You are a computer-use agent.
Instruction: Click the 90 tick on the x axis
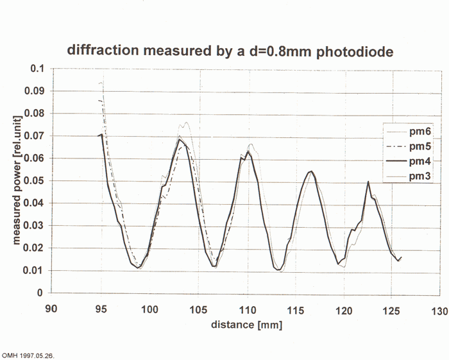point(53,308)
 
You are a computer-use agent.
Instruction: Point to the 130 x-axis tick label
point(439,308)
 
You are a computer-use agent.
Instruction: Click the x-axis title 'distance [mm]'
point(247,325)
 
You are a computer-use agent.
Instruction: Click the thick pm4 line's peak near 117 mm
point(311,171)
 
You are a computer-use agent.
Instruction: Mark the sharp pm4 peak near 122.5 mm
point(368,182)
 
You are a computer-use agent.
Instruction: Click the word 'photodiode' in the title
point(346,49)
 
